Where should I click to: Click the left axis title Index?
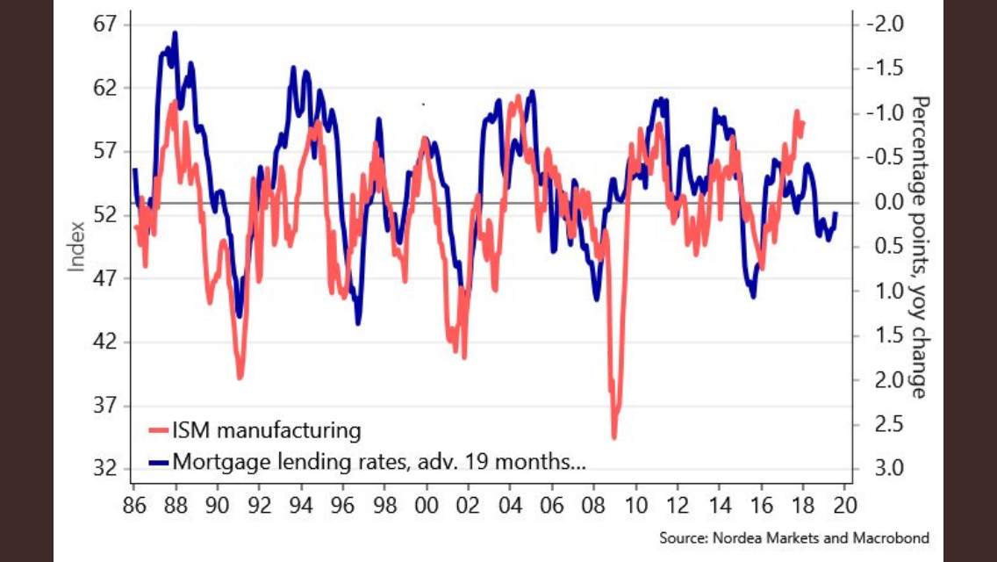pos(77,246)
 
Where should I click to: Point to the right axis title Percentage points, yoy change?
pos(919,246)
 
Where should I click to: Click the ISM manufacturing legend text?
pos(266,431)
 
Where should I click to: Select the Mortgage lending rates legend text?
pos(379,460)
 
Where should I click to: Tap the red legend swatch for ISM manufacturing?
pos(159,431)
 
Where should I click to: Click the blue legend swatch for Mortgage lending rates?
pos(159,461)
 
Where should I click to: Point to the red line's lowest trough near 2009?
pos(614,436)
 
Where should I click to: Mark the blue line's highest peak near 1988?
pos(175,34)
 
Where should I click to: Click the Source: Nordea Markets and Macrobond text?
pos(793,537)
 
